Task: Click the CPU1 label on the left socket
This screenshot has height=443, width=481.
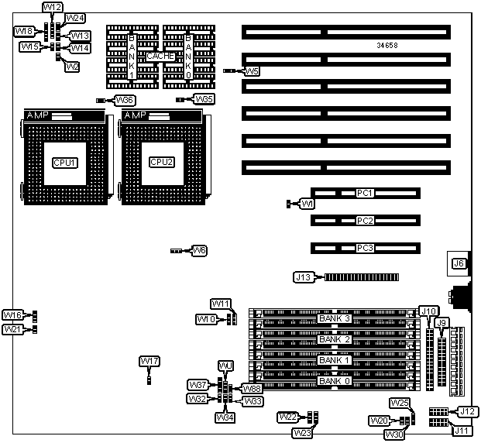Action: (x=64, y=162)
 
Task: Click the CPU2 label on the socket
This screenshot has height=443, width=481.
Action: (x=161, y=162)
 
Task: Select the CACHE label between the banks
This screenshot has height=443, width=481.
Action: (x=160, y=57)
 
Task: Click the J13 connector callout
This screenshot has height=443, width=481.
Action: (x=304, y=276)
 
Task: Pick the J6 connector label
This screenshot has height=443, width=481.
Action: (x=459, y=263)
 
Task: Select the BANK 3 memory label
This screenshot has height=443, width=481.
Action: (x=335, y=318)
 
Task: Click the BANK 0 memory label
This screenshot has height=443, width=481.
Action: (x=335, y=380)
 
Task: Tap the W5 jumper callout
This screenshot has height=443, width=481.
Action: (x=252, y=71)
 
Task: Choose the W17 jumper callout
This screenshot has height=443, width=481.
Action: (x=149, y=362)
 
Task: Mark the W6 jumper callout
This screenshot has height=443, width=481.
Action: (x=199, y=251)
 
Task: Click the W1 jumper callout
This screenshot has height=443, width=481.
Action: (x=307, y=204)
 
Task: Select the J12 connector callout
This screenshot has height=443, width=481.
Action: (x=466, y=411)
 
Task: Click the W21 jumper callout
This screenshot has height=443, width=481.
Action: (x=12, y=329)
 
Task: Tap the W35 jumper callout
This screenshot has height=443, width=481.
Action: (x=204, y=99)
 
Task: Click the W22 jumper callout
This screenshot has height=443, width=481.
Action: (x=287, y=417)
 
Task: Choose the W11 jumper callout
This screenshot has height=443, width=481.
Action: (x=222, y=304)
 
